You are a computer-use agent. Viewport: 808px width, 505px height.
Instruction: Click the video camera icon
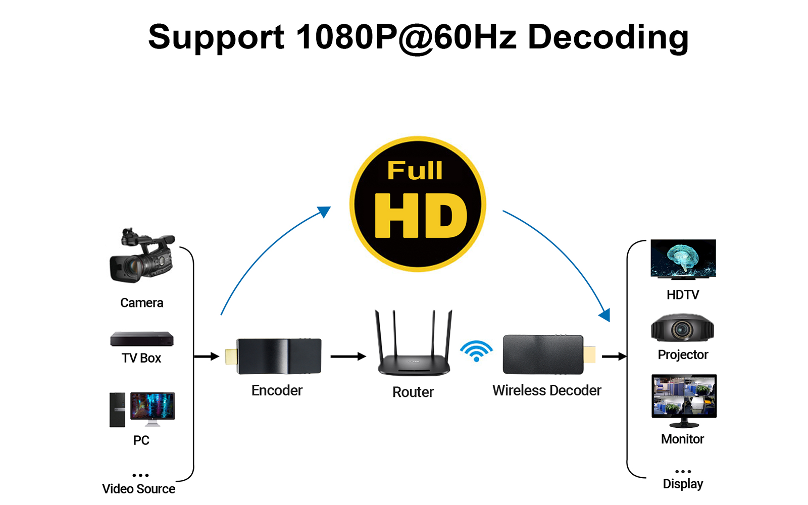pyautogui.click(x=142, y=256)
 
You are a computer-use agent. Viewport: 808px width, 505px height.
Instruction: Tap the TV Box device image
pyautogui.click(x=142, y=339)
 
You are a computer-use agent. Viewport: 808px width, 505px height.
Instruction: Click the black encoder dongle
pyautogui.click(x=279, y=357)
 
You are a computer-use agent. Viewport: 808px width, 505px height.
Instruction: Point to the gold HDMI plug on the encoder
pyautogui.click(x=231, y=357)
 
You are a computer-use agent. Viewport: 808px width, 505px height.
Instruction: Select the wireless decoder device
pyautogui.click(x=543, y=355)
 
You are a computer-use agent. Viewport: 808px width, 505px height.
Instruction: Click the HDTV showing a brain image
pyautogui.click(x=683, y=259)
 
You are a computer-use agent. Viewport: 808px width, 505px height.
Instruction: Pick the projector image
pyautogui.click(x=682, y=329)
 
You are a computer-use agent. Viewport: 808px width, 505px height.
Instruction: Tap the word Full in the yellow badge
pyautogui.click(x=415, y=171)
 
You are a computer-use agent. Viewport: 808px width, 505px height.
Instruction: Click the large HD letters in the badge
pyautogui.click(x=421, y=216)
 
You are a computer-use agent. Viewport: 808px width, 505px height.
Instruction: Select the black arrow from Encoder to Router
pyautogui.click(x=348, y=357)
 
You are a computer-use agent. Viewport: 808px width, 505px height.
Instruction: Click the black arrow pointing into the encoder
pyautogui.click(x=207, y=357)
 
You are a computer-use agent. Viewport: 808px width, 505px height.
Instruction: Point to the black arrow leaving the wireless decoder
pyautogui.click(x=614, y=357)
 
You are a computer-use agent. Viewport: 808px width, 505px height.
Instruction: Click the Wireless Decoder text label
pyautogui.click(x=547, y=390)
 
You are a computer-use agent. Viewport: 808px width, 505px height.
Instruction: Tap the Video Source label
pyautogui.click(x=139, y=489)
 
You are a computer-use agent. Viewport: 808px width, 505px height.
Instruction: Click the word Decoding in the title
pyautogui.click(x=608, y=37)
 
